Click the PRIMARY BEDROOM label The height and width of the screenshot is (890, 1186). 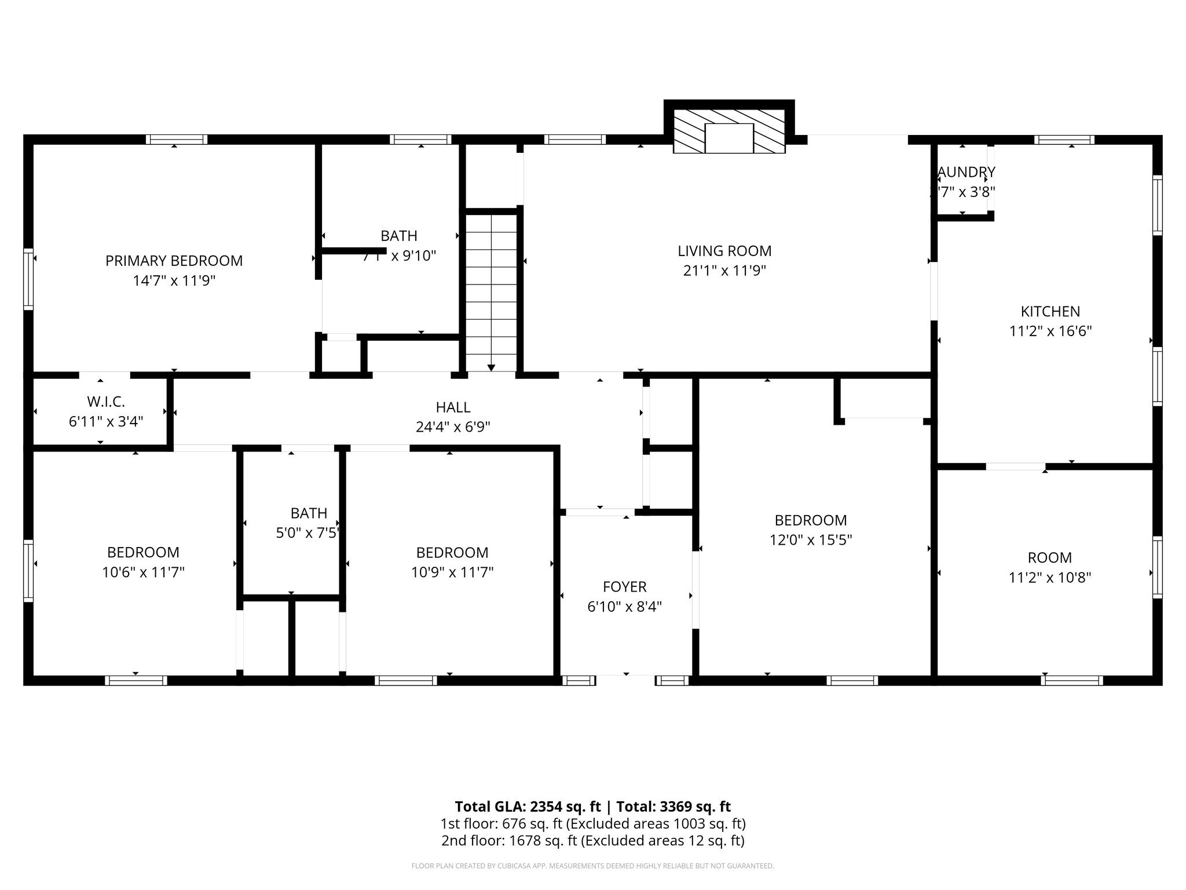point(174,261)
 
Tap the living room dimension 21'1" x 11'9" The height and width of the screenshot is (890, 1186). point(724,271)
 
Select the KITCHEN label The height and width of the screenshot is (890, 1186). point(1050,311)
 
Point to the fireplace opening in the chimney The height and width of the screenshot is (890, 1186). point(729,138)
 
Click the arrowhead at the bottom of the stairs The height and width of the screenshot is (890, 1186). point(491,367)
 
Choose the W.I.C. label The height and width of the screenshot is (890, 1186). point(106,402)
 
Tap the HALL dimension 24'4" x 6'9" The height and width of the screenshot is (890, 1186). point(453,427)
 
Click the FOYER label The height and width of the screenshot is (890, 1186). point(624,587)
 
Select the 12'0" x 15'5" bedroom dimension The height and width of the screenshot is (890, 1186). point(810,540)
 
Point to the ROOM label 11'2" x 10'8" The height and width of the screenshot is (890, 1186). point(1049,557)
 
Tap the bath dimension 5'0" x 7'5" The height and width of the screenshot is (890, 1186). point(307,532)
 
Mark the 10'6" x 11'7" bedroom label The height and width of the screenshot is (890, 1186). point(143,552)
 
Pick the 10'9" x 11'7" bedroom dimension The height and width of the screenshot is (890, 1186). point(452,572)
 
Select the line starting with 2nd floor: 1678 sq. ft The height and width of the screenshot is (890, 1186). point(592,840)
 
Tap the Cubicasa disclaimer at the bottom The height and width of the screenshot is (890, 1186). point(592,866)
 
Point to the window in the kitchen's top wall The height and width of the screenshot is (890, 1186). point(1064,140)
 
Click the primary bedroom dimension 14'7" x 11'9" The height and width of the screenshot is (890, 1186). point(174,281)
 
